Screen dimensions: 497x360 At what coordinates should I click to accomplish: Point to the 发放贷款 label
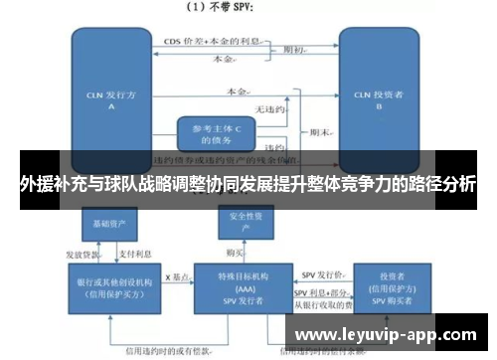point(83,253)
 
